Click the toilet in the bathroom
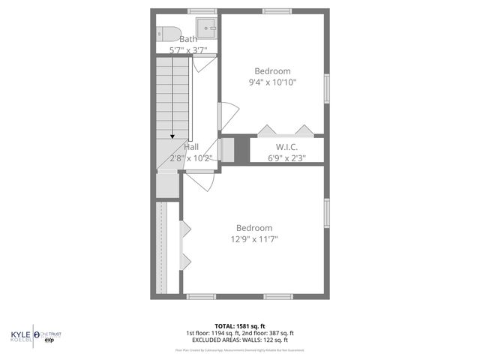coord(167,33)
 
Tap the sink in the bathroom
coord(211,30)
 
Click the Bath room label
coord(188,40)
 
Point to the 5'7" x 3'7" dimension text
coord(188,49)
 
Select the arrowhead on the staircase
coord(173,136)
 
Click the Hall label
coord(191,147)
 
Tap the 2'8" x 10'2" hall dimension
coord(191,158)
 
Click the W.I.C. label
coord(287,147)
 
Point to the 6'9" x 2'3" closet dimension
coord(287,158)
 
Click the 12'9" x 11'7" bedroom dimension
coord(254,239)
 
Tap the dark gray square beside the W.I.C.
coord(242,148)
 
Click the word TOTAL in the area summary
coord(225,325)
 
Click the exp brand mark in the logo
coord(50,340)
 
